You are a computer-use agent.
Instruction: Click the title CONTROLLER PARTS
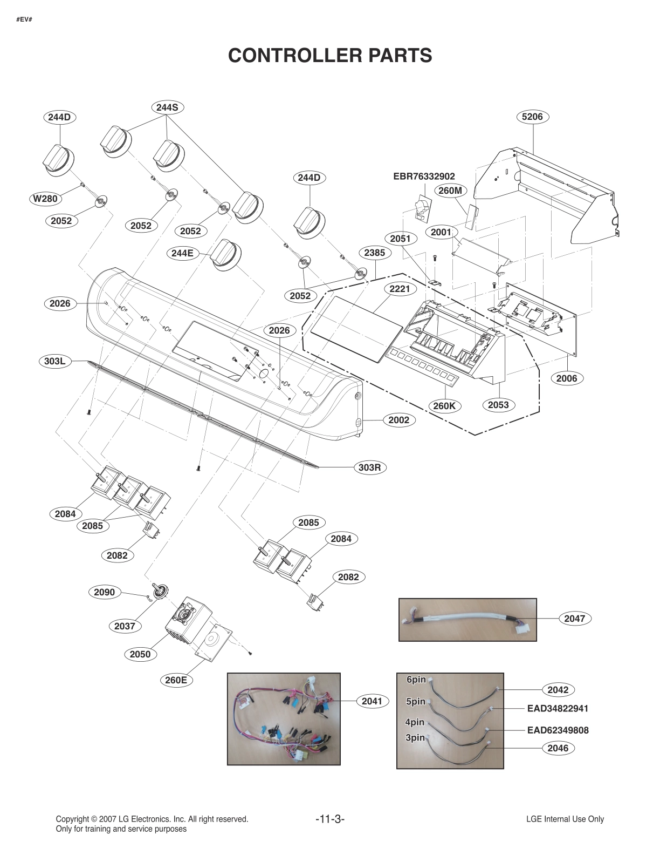click(329, 55)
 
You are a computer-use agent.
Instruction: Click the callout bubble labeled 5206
click(532, 117)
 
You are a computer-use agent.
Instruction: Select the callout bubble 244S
click(167, 107)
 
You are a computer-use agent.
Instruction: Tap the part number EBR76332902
click(424, 177)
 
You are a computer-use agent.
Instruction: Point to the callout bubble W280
click(45, 198)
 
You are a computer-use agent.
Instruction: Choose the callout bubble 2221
click(400, 289)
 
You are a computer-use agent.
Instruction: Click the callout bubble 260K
click(444, 405)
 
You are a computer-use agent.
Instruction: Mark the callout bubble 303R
click(370, 467)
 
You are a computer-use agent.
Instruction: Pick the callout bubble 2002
click(398, 420)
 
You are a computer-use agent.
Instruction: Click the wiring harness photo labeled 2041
click(284, 718)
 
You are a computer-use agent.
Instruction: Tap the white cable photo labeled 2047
click(467, 619)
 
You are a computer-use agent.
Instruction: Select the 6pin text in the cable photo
click(416, 680)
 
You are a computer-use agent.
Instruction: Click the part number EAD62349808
click(558, 730)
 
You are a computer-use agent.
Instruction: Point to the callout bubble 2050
click(140, 654)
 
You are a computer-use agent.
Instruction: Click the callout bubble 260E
click(176, 680)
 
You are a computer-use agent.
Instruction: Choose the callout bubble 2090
click(104, 592)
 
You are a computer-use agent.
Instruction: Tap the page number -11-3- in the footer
click(329, 819)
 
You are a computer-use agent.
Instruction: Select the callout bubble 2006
click(567, 378)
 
